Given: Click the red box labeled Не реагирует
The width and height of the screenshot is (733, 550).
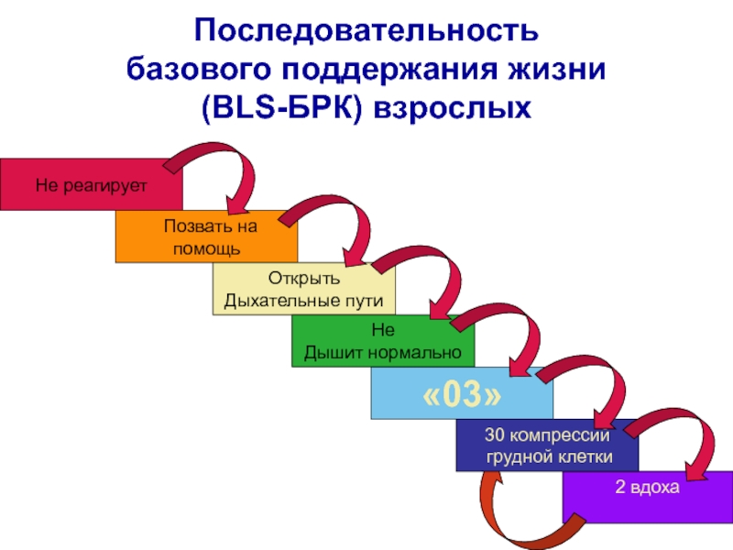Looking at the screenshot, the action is tap(91, 184).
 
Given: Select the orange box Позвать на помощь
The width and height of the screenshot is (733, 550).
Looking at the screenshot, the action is tap(206, 236).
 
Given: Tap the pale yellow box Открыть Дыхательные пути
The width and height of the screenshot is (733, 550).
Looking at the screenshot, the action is tap(304, 289).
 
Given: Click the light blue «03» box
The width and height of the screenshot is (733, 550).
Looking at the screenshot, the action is tap(462, 394).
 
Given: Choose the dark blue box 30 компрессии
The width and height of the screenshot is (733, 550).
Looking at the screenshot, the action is tap(547, 446).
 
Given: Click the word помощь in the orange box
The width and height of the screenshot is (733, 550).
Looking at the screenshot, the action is tap(206, 247).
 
